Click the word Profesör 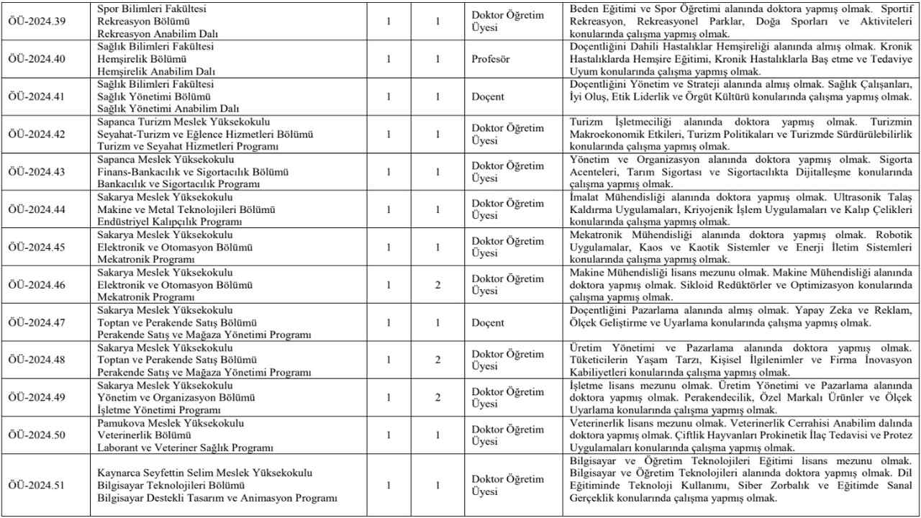[x=492, y=58]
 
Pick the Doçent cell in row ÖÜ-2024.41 [x=489, y=96]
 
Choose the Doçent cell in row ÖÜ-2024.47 [x=489, y=323]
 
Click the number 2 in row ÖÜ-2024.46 [x=437, y=285]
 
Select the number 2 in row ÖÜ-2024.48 [x=437, y=360]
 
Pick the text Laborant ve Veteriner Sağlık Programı [x=185, y=447]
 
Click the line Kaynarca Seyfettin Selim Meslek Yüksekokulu [x=205, y=473]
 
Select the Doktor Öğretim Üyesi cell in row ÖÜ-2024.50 [x=507, y=435]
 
